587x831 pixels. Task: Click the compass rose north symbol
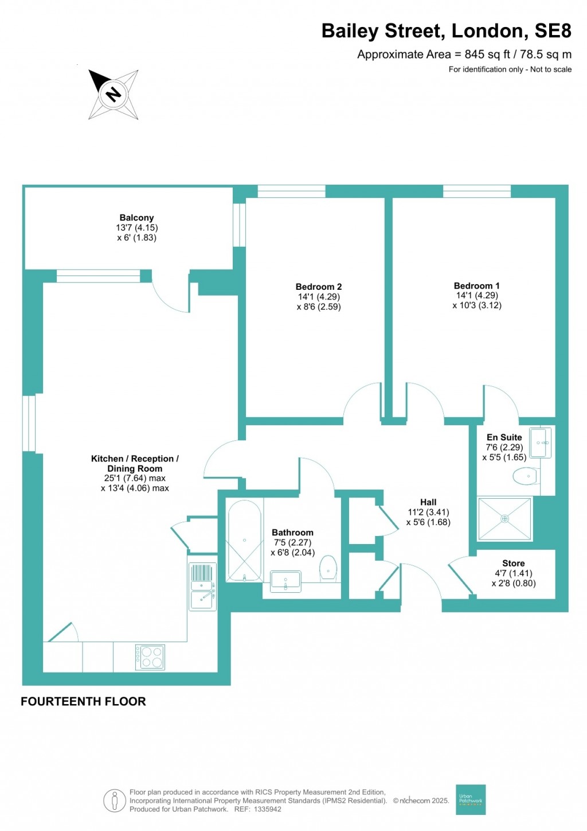114,94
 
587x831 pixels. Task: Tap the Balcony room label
136,218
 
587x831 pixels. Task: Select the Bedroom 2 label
319,287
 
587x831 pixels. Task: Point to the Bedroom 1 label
476,286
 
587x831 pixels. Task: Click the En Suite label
504,437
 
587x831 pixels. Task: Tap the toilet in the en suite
525,476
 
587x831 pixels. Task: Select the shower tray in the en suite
504,519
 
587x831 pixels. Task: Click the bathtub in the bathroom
245,541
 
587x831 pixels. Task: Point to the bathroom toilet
328,566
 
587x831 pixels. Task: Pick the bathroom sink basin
285,581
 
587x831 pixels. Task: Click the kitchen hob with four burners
150,657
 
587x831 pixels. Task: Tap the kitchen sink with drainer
202,587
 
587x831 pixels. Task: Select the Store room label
513,564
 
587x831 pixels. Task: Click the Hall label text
428,502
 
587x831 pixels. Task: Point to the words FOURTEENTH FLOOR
83,701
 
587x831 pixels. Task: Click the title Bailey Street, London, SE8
446,31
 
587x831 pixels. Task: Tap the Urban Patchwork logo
471,799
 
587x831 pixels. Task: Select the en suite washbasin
540,442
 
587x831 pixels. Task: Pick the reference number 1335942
267,809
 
